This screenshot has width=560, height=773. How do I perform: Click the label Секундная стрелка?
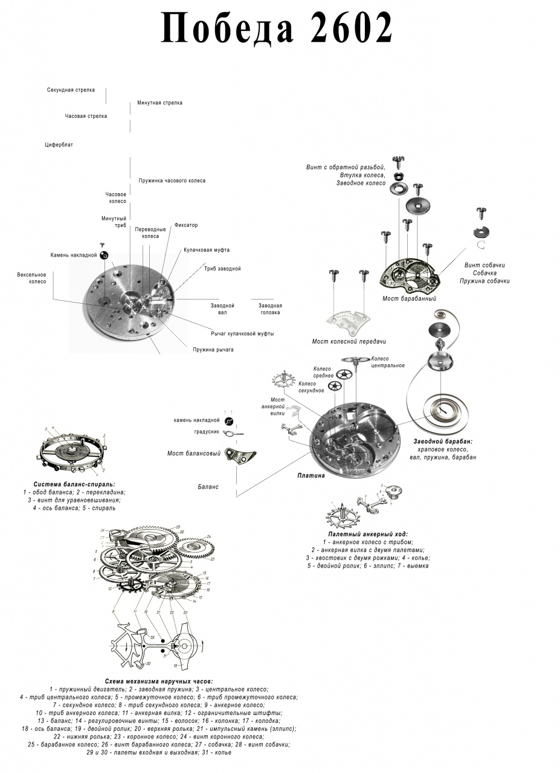71,90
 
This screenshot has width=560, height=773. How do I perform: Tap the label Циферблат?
59,145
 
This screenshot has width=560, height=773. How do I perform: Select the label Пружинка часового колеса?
172,181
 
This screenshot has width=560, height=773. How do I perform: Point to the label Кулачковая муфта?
207,250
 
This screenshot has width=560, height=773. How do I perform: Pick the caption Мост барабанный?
409,298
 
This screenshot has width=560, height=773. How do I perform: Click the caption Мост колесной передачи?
349,342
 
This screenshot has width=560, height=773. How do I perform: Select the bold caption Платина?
311,475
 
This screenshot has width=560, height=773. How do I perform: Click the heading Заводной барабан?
443,441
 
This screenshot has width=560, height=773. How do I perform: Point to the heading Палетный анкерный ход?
368,534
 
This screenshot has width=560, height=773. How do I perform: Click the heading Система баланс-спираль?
75,484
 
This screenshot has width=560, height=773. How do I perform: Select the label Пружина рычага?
213,350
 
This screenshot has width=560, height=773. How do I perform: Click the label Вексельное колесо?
31,278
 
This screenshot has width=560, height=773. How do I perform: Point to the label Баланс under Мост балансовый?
208,486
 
